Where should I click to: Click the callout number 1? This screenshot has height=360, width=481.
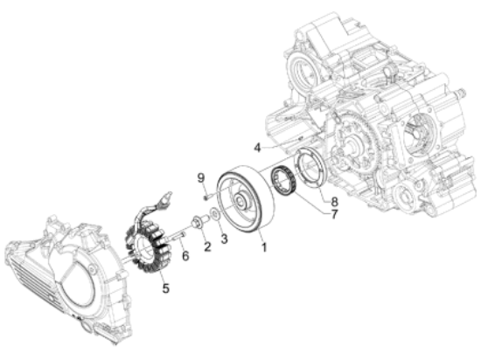click(x=264, y=247)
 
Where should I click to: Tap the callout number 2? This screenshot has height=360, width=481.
click(x=207, y=246)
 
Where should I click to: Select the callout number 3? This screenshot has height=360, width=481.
click(x=225, y=239)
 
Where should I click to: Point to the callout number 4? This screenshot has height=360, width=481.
click(x=258, y=148)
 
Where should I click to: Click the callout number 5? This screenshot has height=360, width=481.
click(x=165, y=287)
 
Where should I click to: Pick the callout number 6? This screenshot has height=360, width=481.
click(x=185, y=255)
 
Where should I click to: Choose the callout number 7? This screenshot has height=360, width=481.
click(x=334, y=214)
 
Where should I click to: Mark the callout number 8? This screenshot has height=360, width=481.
click(x=334, y=201)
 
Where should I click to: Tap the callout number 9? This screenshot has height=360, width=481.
click(x=200, y=177)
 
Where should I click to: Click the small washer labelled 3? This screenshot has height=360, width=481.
click(x=215, y=213)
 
